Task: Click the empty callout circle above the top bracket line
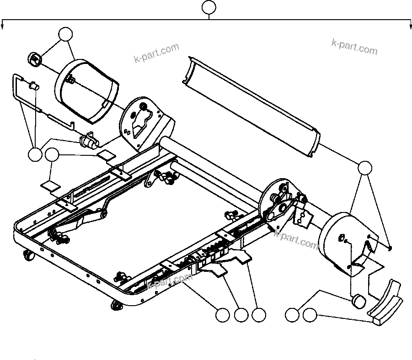[x=209, y=7]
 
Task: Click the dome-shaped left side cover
[x=87, y=91]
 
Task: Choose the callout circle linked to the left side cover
[x=66, y=34]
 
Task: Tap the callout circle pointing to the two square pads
[x=52, y=155]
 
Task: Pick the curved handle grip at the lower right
[x=385, y=304]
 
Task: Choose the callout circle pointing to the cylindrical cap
[x=292, y=315]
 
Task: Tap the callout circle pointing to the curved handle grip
[x=310, y=315]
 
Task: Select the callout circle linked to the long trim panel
[x=364, y=168]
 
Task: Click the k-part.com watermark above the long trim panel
[x=355, y=47]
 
